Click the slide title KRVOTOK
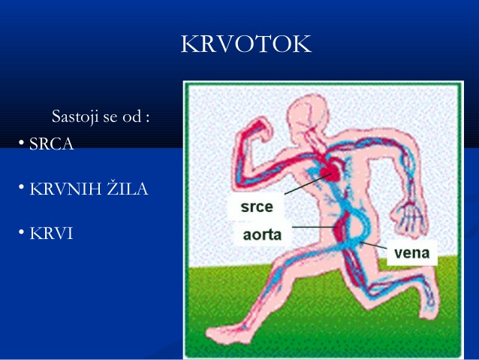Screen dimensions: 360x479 [x=246, y=44]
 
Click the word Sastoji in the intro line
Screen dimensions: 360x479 [x=73, y=116]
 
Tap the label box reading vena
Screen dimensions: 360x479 [x=411, y=253]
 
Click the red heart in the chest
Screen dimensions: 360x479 [x=330, y=174]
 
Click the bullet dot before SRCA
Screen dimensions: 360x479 [x=23, y=142]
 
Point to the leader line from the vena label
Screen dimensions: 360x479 [x=375, y=245]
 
